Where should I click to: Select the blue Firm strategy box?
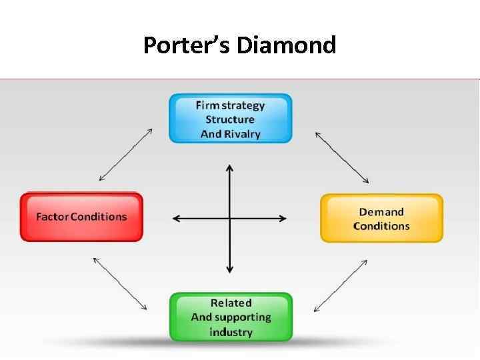230,119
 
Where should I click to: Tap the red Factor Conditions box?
81,217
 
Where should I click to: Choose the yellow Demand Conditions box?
381,218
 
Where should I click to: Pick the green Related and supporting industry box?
231,317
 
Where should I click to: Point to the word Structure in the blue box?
230,119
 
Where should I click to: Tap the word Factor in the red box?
51,217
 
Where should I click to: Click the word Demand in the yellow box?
381,211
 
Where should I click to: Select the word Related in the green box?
231,303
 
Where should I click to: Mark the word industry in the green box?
231,332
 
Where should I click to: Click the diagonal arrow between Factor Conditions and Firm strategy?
127,155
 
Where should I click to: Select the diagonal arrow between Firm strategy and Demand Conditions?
342,157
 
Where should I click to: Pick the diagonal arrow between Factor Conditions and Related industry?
120,283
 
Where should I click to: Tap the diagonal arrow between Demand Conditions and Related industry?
340,285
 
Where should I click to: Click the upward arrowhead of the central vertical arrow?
230,168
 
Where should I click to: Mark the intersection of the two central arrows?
230,218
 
